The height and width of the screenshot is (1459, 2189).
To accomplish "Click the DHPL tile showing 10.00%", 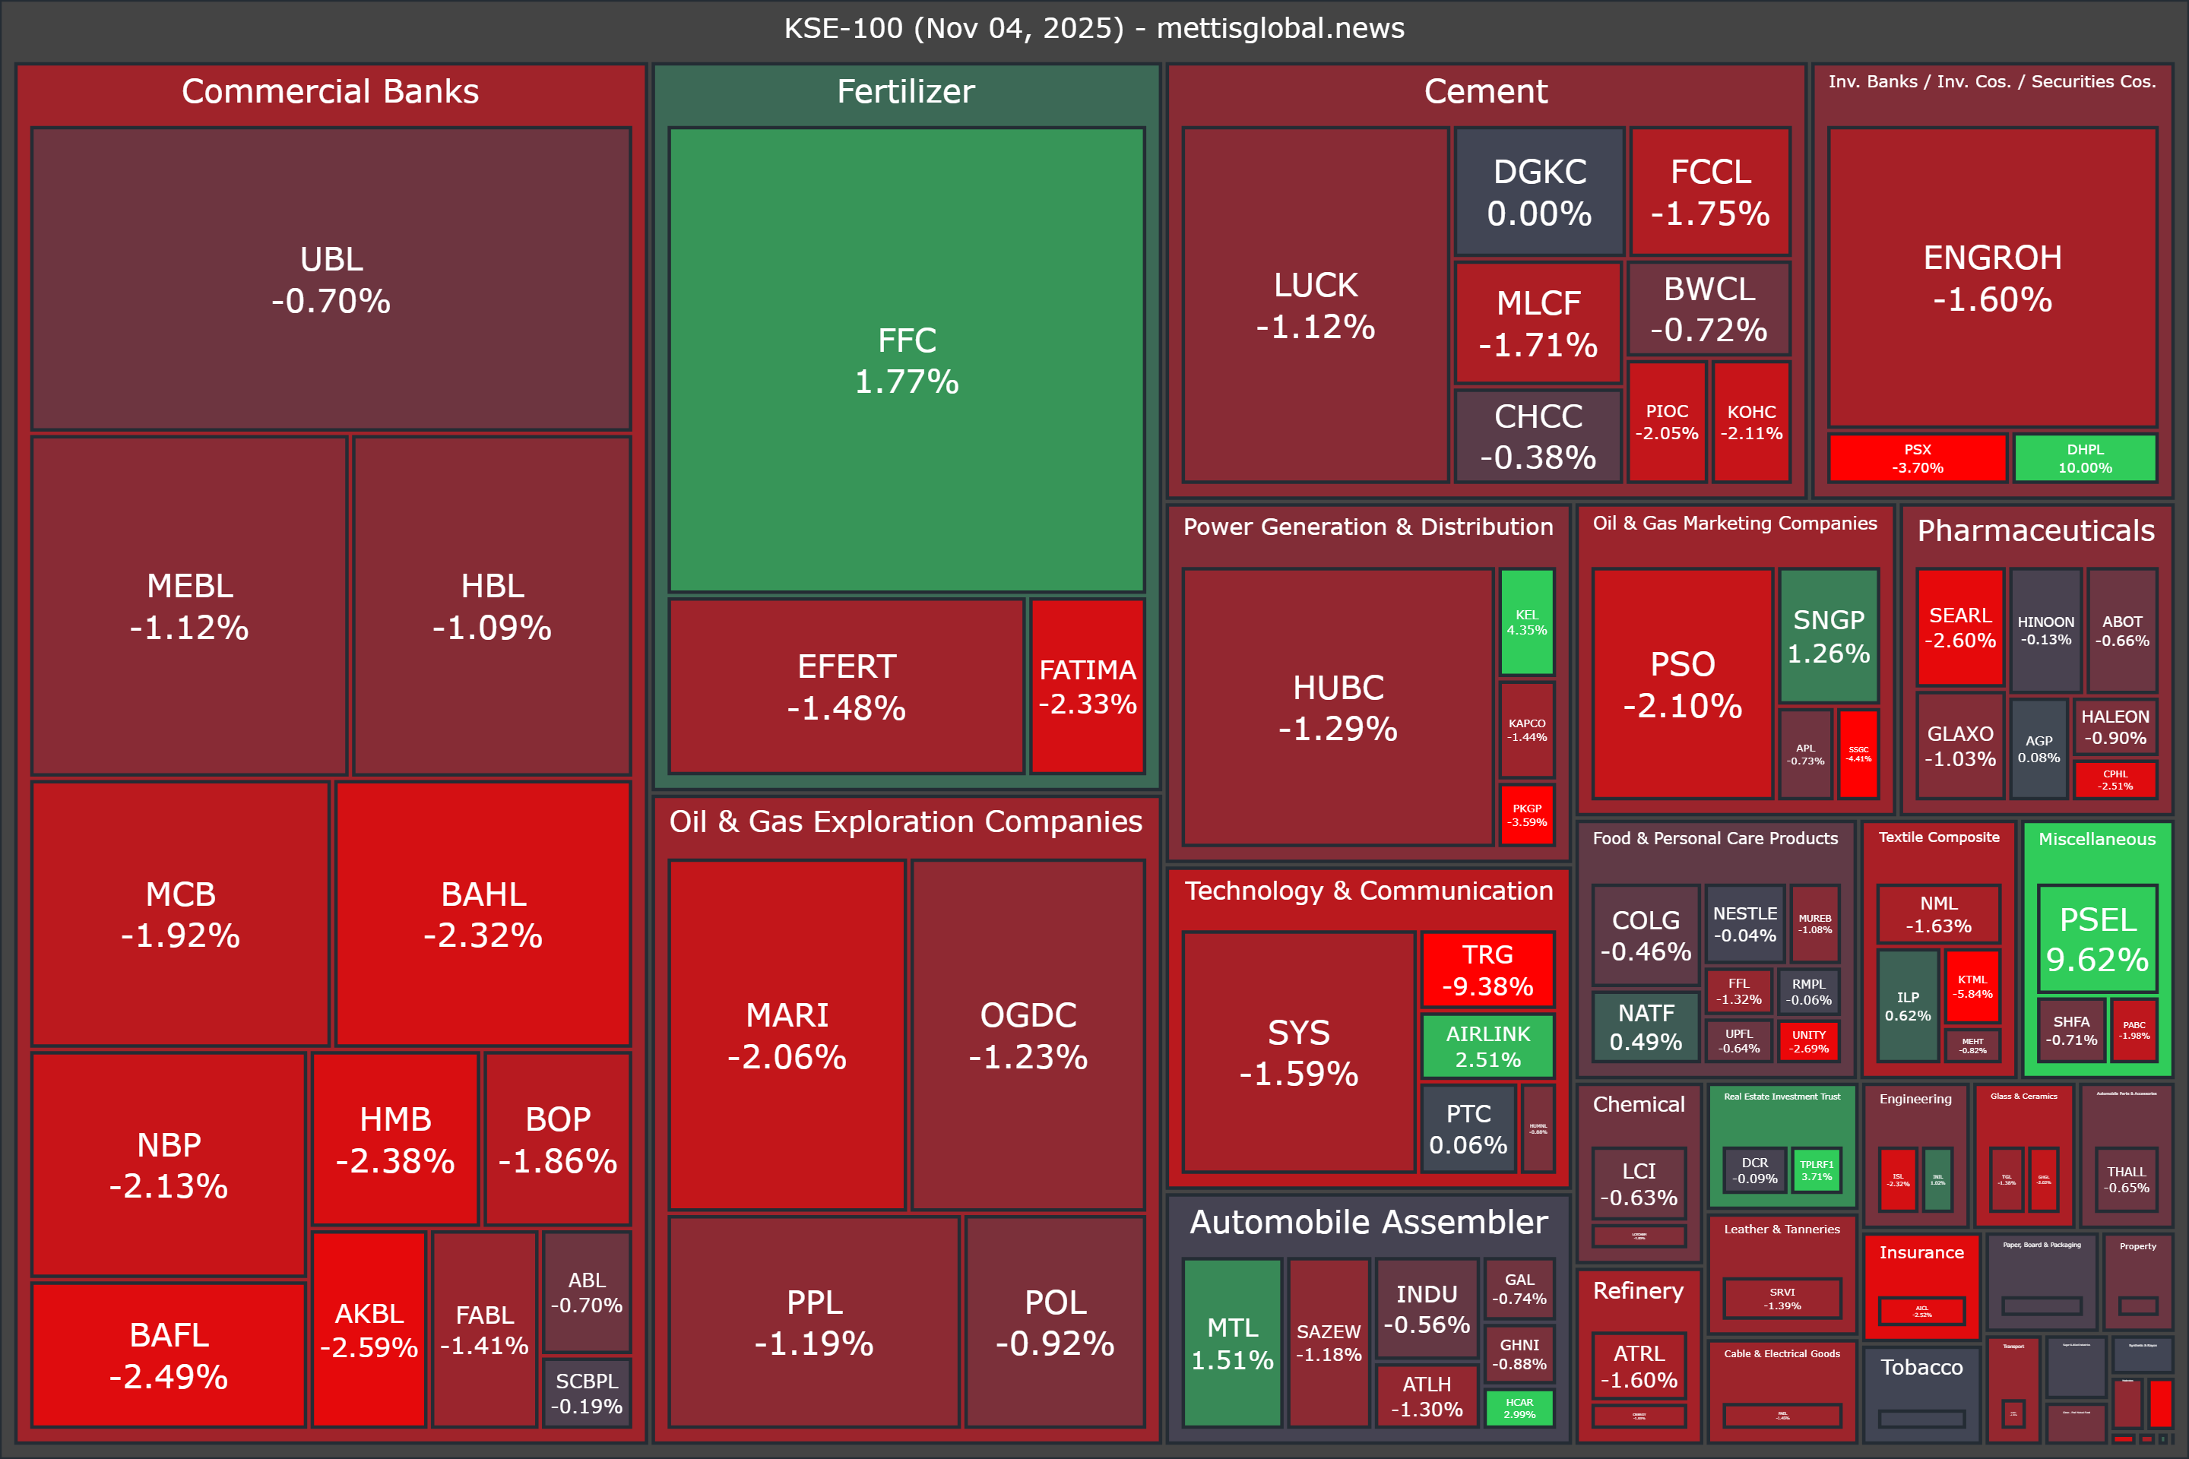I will (2085, 457).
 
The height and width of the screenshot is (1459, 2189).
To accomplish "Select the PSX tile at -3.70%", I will (1917, 457).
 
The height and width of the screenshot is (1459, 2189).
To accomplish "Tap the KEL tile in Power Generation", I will (1526, 622).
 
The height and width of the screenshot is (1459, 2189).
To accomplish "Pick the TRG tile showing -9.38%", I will (1487, 970).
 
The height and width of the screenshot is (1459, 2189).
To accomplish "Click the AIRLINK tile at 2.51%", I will (1487, 1046).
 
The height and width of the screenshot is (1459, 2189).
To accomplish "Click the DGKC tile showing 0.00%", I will (1539, 191).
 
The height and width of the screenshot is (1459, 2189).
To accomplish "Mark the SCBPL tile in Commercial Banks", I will (586, 1393).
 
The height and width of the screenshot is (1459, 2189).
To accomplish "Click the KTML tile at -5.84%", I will (1972, 986).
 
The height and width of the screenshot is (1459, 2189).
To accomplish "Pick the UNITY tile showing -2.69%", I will (1808, 1041).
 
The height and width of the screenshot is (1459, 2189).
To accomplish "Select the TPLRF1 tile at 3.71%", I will (1816, 1169).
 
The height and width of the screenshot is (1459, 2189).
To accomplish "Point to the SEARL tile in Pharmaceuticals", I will (1960, 627).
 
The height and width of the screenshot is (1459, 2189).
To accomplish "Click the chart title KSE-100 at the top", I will (1094, 28).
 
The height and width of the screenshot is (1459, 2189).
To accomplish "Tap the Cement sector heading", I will (1485, 91).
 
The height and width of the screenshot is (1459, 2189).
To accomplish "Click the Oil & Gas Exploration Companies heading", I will (905, 821).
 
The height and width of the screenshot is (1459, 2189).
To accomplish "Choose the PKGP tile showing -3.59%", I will (1526, 815).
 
